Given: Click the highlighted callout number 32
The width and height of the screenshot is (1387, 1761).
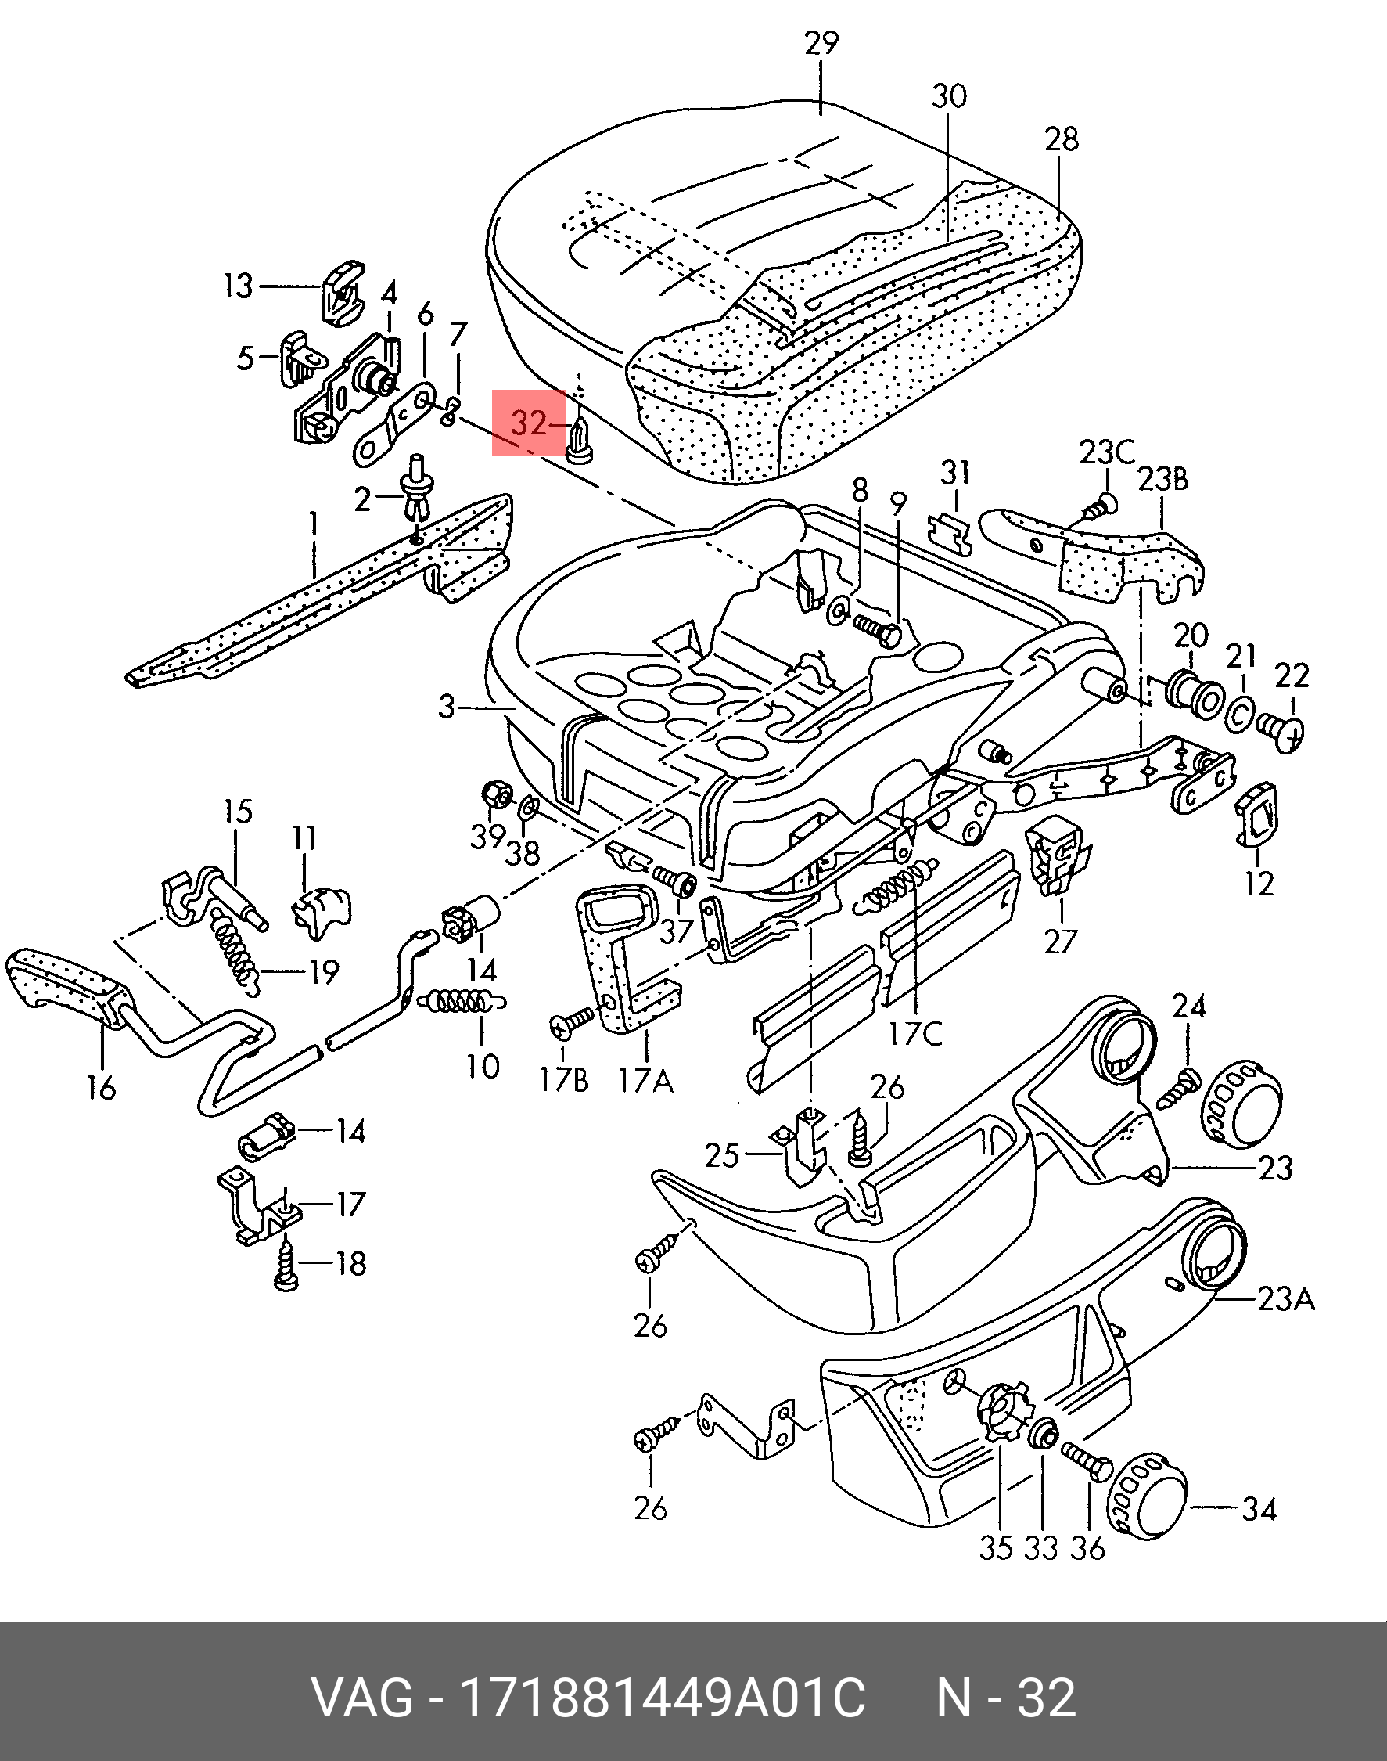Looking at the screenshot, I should [529, 423].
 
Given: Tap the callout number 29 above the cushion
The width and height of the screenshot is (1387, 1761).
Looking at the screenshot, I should [821, 43].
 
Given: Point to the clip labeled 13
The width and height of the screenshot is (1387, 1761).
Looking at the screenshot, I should [343, 291].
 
